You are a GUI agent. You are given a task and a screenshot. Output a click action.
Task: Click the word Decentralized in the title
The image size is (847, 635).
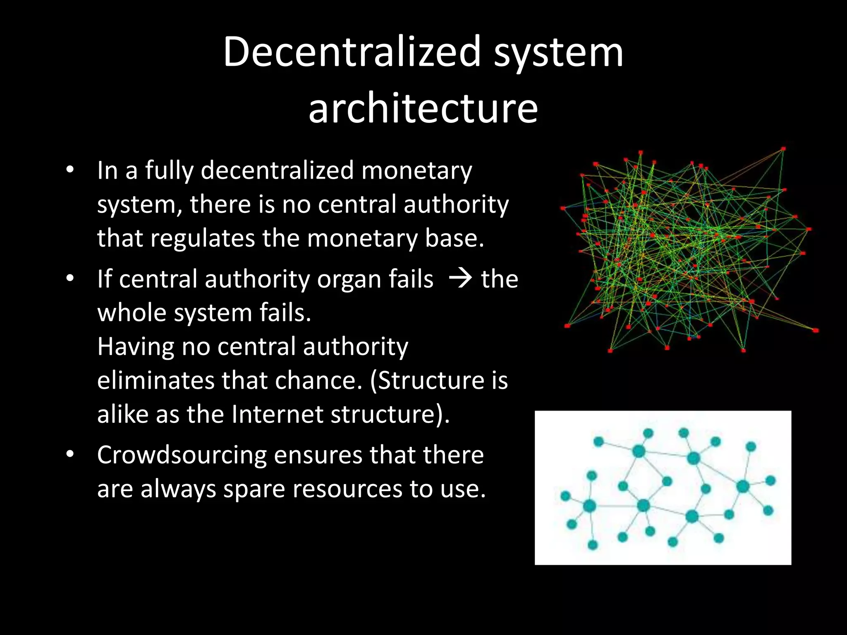coord(352,52)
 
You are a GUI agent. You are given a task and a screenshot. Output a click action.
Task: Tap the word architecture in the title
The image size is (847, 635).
coord(423,108)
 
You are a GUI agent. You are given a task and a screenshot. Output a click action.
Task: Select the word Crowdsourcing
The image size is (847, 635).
coord(182,456)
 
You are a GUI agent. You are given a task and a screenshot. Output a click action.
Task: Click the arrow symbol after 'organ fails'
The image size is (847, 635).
coord(460,279)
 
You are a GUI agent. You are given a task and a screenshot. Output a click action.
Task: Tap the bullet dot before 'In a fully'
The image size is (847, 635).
coord(70,170)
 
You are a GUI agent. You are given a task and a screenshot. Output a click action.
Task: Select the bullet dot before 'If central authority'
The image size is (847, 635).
coord(70,279)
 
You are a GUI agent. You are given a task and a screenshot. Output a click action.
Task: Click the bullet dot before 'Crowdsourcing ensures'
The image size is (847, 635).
coord(70,455)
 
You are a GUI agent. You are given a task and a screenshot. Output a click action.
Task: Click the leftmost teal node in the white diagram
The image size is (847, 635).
coord(565,496)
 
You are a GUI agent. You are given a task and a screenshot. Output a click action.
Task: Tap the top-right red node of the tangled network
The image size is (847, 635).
coord(783,149)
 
